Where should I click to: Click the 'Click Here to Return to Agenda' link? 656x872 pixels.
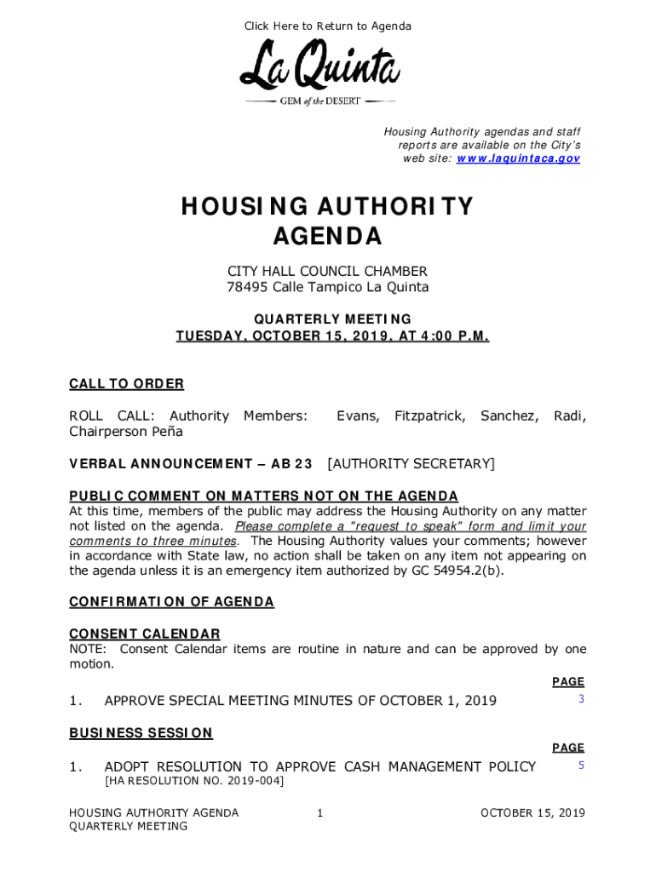coord(328,26)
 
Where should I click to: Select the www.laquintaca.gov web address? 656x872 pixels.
coord(519,158)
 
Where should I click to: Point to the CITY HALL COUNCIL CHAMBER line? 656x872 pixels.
coord(327,272)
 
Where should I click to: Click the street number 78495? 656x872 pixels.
coord(246,287)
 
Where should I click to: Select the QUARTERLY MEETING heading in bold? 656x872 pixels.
coord(332,319)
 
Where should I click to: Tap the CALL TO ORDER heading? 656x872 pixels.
coord(126,384)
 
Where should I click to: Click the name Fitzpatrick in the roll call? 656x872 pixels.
coord(429,416)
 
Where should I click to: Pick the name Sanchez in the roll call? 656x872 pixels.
coord(509,416)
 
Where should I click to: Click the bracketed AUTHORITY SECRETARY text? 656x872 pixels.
coord(411,464)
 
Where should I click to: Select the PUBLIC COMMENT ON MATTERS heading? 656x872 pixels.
coord(263,496)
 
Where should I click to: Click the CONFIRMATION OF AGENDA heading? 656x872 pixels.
coord(171,602)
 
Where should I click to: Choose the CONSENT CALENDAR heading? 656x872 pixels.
coord(144,634)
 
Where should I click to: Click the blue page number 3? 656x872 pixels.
coord(581,699)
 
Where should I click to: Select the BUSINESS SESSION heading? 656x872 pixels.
coord(141,733)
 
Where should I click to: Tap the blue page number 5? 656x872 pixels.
coord(581,766)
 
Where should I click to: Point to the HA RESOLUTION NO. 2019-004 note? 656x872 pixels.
coord(194,781)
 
